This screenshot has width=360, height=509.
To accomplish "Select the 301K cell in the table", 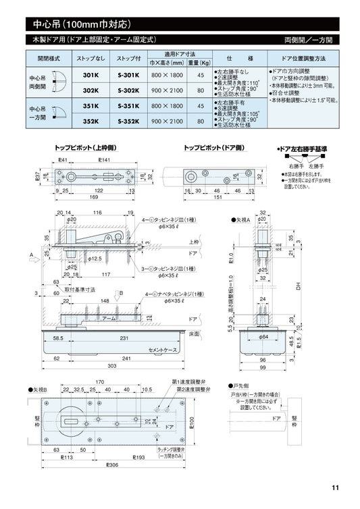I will [x=91, y=76].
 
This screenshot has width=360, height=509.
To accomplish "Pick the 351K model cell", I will [x=91, y=106].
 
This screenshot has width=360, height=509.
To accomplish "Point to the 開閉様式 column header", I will [x=48, y=60].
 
